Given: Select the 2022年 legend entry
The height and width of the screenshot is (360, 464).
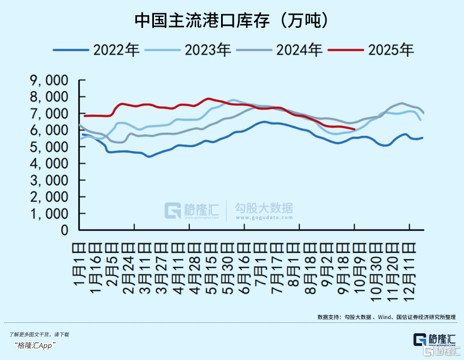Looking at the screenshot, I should (117, 50).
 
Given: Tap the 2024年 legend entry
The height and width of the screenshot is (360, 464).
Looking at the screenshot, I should (300, 50).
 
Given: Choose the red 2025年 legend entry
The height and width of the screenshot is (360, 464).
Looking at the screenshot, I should (391, 50).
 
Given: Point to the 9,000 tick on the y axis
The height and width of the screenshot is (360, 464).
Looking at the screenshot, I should (49, 80).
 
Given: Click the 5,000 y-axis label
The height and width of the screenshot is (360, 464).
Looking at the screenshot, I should (49, 147).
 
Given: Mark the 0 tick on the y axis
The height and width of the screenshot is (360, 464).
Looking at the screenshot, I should (64, 231).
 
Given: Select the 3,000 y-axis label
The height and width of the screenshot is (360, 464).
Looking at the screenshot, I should (49, 181).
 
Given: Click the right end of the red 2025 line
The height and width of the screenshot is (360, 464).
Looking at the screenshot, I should (355, 129).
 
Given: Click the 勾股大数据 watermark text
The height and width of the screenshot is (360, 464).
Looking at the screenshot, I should (264, 209).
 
